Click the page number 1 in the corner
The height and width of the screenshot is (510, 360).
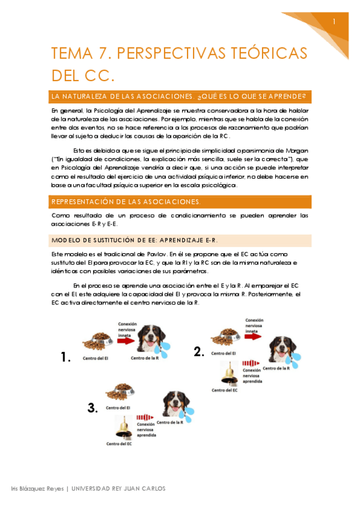(334, 22)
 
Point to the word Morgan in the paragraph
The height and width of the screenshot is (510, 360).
(296, 150)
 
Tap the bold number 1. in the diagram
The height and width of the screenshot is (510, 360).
(66, 357)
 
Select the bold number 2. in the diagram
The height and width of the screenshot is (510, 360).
(200, 352)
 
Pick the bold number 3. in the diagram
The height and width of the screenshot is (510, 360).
(92, 408)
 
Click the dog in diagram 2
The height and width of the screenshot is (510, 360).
(282, 351)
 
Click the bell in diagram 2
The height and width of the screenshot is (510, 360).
(228, 372)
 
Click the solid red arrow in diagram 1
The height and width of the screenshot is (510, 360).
(126, 340)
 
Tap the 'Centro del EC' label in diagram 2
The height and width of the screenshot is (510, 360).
(224, 390)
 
